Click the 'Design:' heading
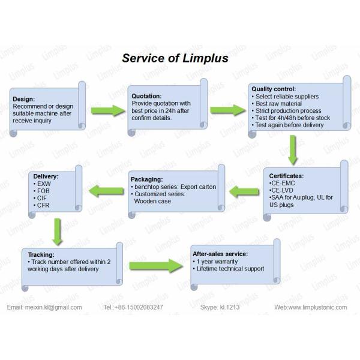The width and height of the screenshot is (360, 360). tap(24, 99)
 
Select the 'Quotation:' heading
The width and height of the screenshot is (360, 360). tap(147, 95)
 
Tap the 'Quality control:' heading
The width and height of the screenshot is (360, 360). tap(275, 89)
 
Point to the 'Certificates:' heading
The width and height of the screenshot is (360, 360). tap(286, 176)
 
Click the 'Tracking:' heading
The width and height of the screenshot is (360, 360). tap(41, 254)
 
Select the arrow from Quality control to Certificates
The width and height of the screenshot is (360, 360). tap(293, 149)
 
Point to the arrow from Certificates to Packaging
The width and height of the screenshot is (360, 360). tap(242, 192)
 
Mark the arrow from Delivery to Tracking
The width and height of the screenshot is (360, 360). tap(57, 231)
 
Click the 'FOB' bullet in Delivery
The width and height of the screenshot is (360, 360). tap(43, 190)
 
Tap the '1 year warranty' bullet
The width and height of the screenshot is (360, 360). tap(217, 262)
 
